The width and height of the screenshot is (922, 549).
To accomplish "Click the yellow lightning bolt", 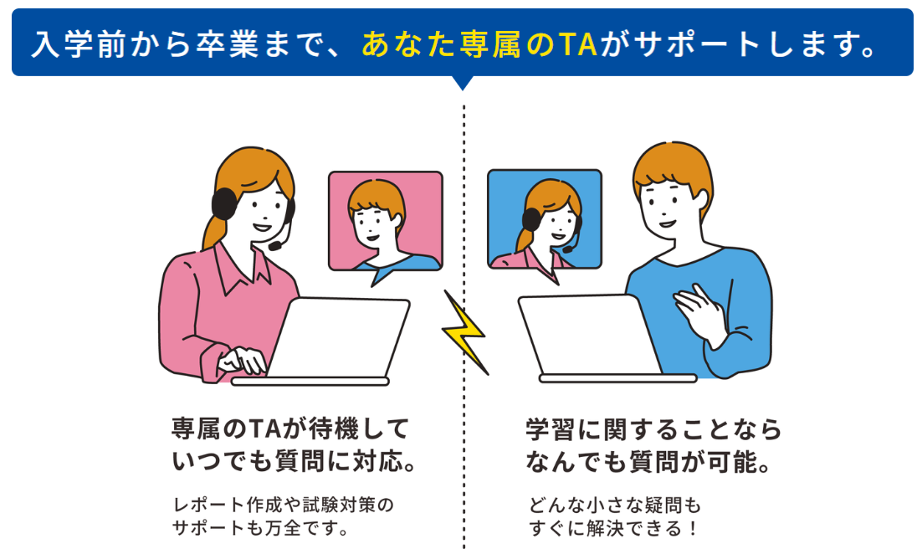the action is click(x=465, y=333).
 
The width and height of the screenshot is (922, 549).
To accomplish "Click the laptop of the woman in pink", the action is click(x=330, y=341).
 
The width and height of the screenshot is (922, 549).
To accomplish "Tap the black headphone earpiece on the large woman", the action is click(x=224, y=203).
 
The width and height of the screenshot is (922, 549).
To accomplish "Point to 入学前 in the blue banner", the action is click(x=79, y=44).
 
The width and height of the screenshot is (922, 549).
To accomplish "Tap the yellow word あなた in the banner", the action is click(x=407, y=44).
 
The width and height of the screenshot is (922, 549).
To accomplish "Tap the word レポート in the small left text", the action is click(x=208, y=505).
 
